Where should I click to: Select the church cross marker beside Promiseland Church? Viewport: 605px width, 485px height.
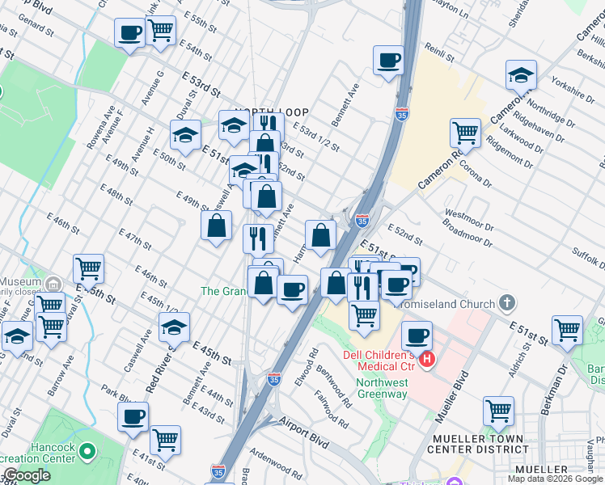506,304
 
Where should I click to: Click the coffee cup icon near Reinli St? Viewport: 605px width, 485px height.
388,60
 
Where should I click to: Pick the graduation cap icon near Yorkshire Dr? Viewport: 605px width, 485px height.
521,75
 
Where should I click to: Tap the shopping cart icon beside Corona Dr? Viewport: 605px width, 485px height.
465,132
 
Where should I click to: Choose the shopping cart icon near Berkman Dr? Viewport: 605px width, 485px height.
567,329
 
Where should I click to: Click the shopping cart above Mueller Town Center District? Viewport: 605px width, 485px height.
498,410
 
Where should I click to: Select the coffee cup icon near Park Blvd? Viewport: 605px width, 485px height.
133,416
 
